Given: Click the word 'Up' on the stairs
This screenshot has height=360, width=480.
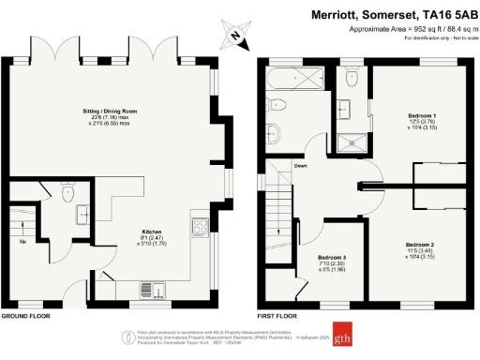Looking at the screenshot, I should pyautogui.click(x=22, y=241).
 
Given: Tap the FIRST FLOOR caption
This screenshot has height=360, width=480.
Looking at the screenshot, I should pyautogui.click(x=277, y=317).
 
